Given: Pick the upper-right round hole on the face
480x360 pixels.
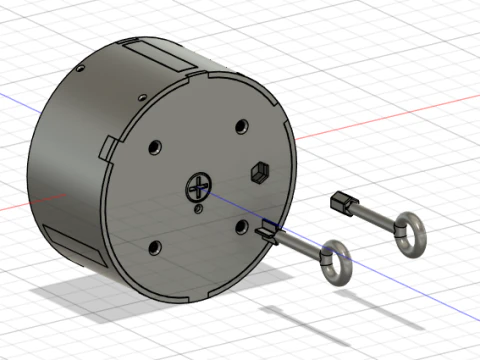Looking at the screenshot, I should (241, 127).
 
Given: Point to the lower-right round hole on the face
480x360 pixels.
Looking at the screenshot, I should (241, 226).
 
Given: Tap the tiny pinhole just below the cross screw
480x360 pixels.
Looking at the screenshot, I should (197, 210).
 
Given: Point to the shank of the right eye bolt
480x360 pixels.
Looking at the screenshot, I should (372, 218).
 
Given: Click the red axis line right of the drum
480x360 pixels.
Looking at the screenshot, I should (400, 115).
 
